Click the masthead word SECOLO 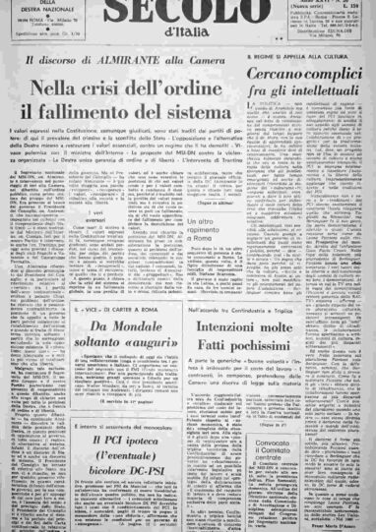pyautogui.click(x=187, y=13)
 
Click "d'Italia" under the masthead pyautogui.click(x=188, y=36)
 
